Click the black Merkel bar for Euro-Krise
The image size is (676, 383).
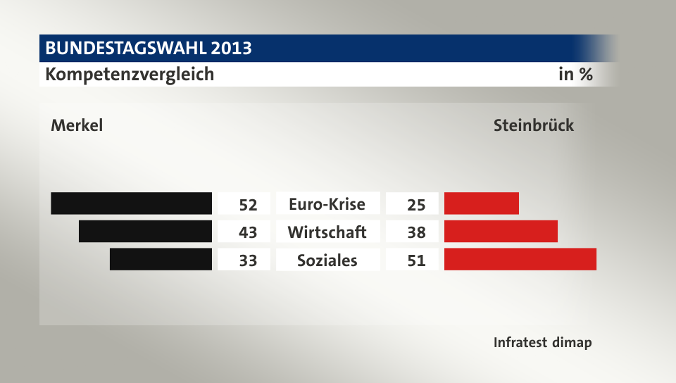pyautogui.click(x=132, y=203)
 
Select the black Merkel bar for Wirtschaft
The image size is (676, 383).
pyautogui.click(x=146, y=231)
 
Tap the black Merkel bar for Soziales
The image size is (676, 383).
pyautogui.click(x=161, y=259)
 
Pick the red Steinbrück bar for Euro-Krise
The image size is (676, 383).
pyautogui.click(x=482, y=203)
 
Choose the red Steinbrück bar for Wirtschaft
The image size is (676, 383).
pyautogui.click(x=501, y=231)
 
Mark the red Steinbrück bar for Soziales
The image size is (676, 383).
pyautogui.click(x=520, y=259)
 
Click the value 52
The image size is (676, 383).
pyautogui.click(x=248, y=205)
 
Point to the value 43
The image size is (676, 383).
pyautogui.click(x=248, y=232)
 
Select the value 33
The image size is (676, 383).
pyautogui.click(x=248, y=260)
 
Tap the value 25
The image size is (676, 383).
pyautogui.click(x=416, y=205)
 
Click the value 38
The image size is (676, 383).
pyautogui.click(x=416, y=232)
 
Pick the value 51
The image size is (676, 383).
pyautogui.click(x=416, y=260)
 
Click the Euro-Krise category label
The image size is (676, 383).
pyautogui.click(x=327, y=204)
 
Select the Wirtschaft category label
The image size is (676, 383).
pyautogui.click(x=327, y=232)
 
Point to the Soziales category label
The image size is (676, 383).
pyautogui.click(x=327, y=260)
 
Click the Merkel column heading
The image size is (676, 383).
pyautogui.click(x=77, y=126)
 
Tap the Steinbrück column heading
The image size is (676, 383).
pyautogui.click(x=534, y=126)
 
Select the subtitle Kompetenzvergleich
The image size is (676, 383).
pyautogui.click(x=130, y=74)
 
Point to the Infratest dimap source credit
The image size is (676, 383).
pyautogui.click(x=542, y=343)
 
